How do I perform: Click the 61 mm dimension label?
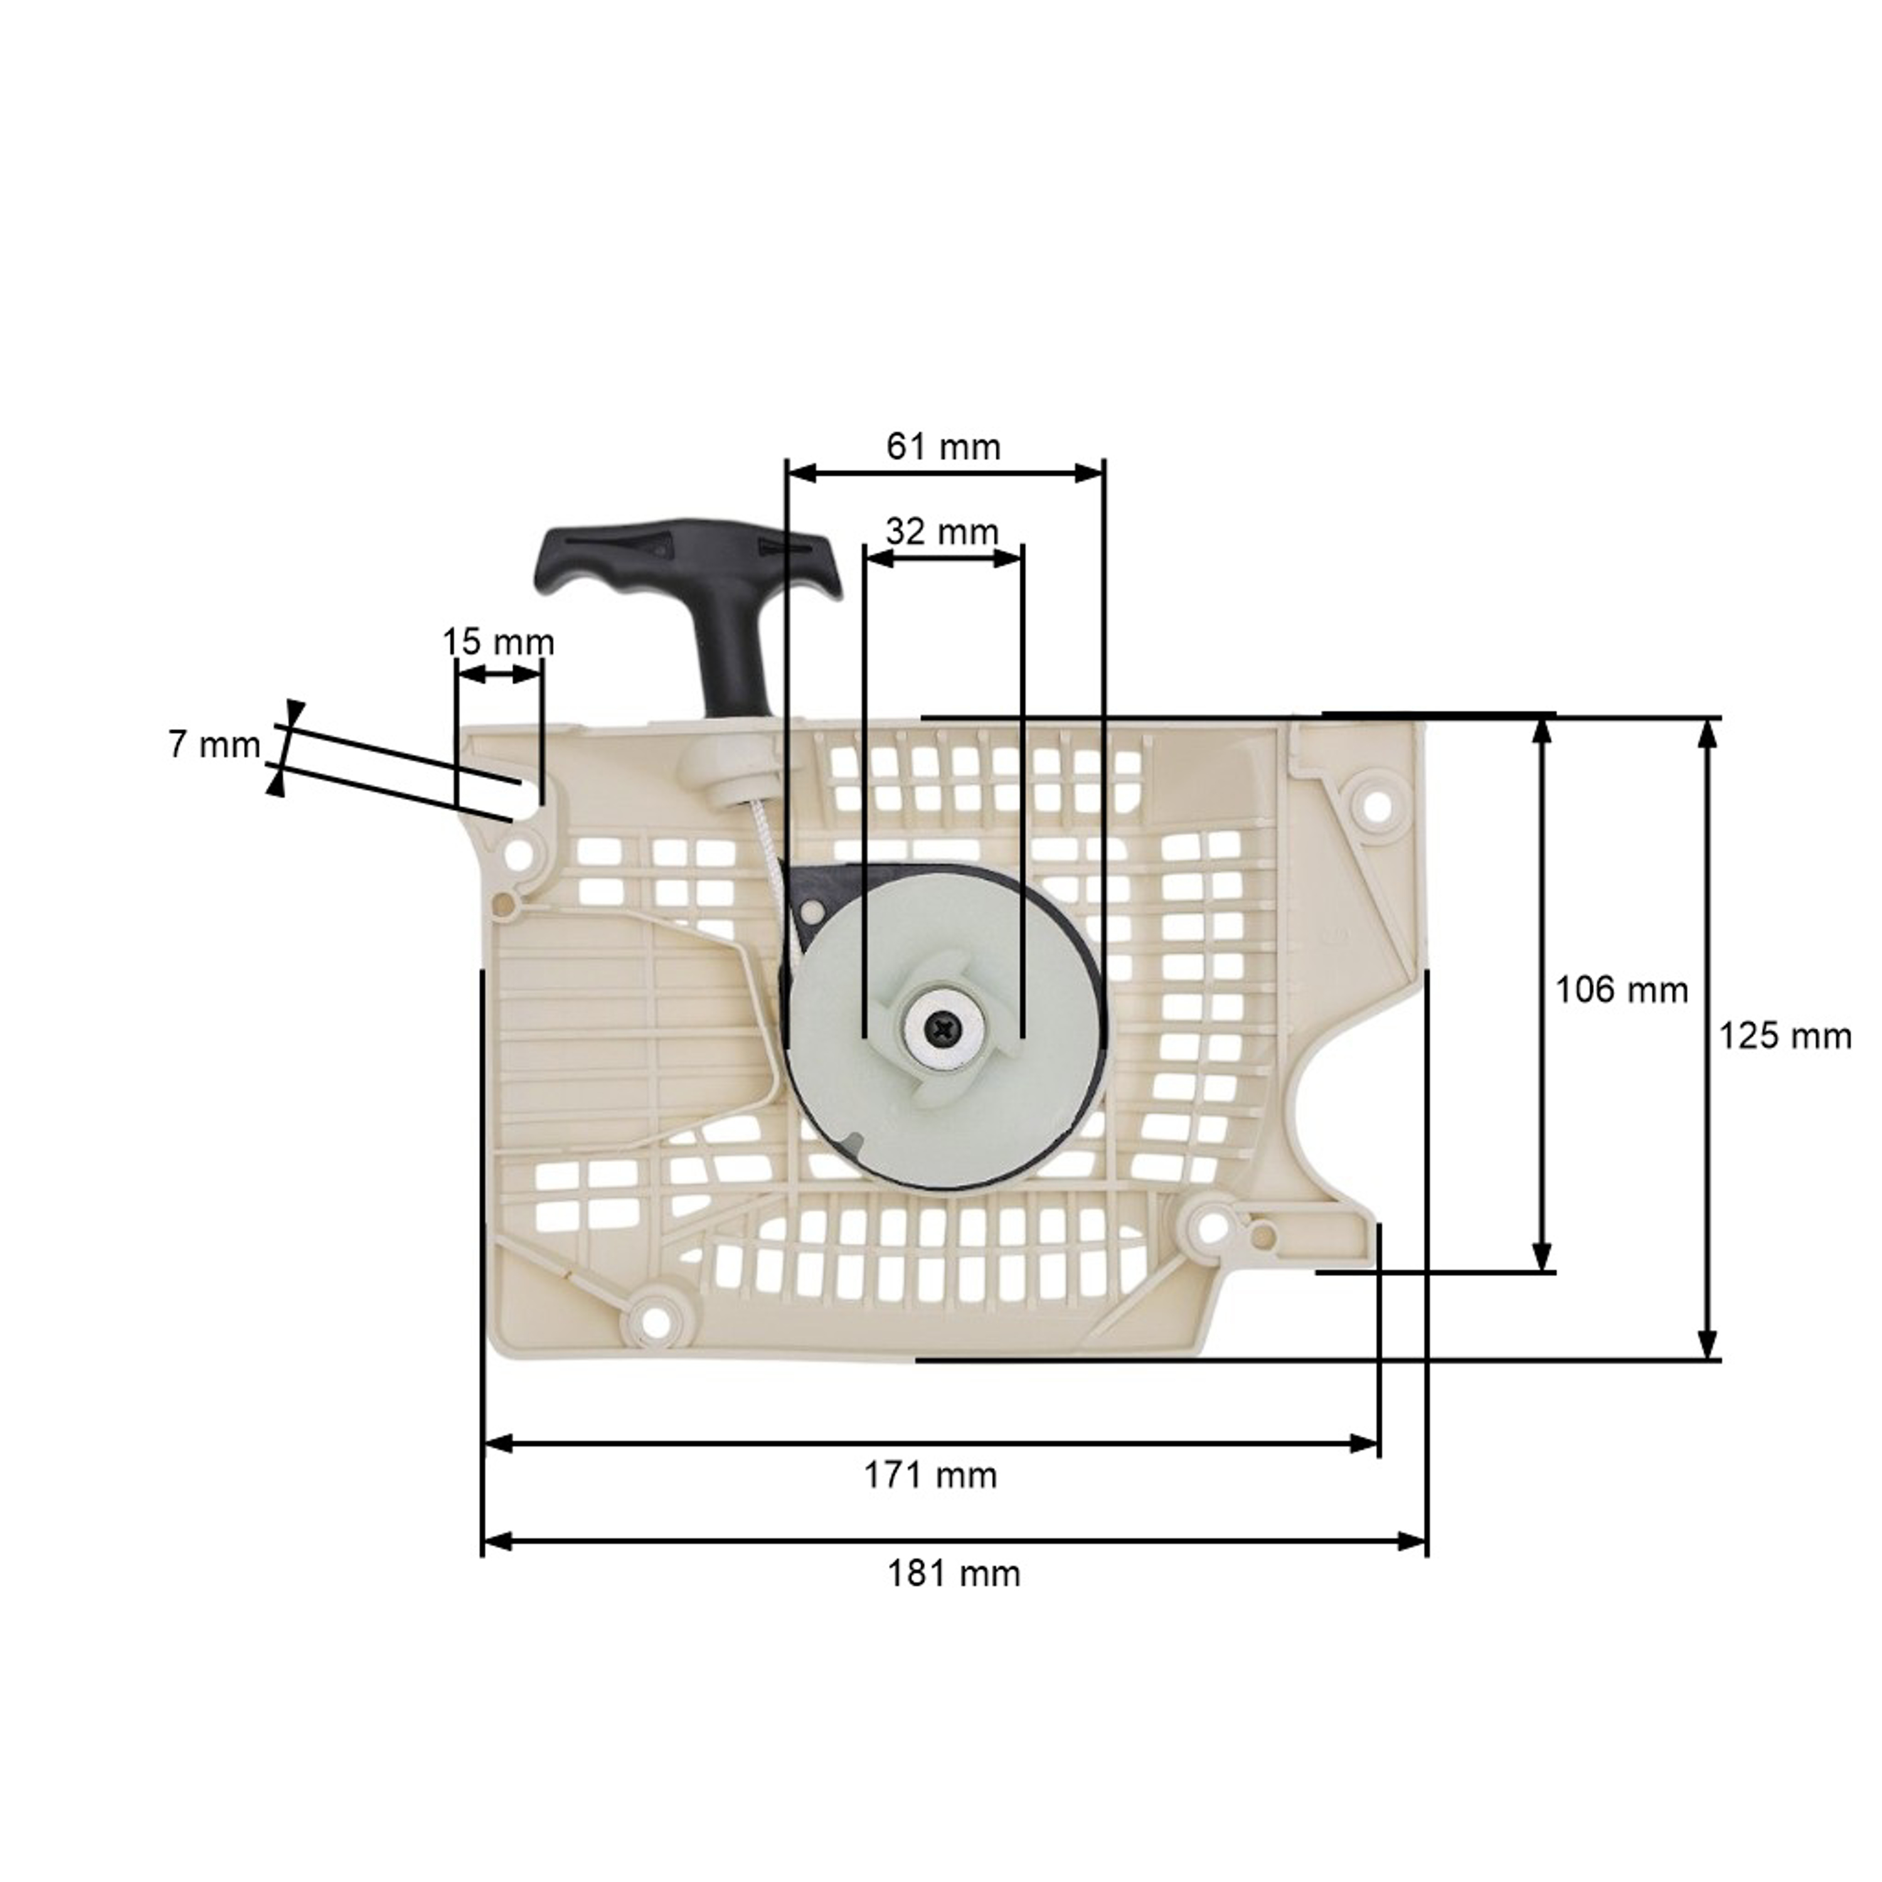click(943, 447)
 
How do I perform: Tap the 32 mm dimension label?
click(942, 532)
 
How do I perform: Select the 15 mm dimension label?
click(497, 643)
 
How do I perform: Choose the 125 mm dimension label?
click(1784, 1036)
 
